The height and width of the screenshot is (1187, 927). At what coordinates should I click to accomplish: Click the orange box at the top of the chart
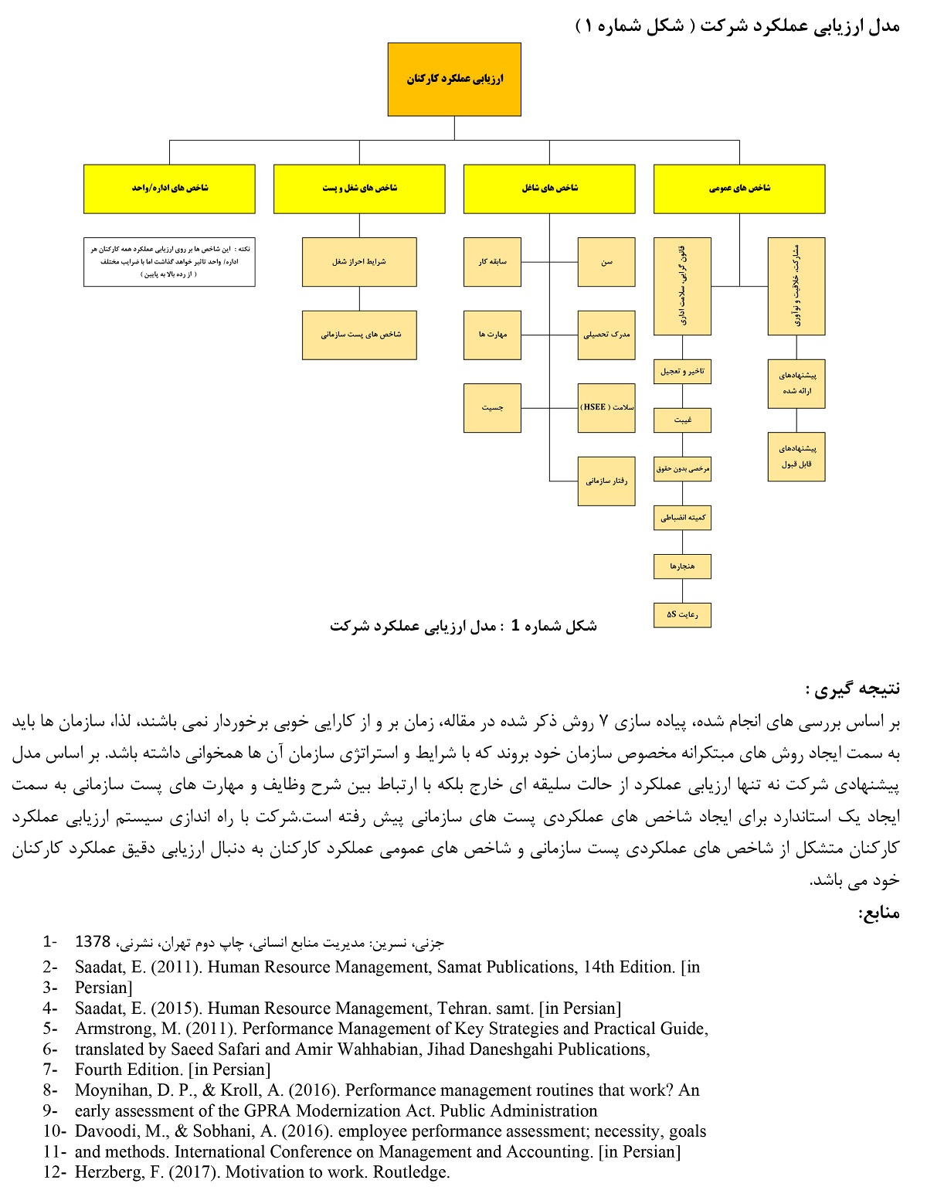454,79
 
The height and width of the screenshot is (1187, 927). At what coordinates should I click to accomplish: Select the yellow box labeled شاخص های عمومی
739,189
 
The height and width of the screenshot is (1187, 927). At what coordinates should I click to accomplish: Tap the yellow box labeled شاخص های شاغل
549,189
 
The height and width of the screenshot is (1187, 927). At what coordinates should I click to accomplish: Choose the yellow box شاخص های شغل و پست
359,189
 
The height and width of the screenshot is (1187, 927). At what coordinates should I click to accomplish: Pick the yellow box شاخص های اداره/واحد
169,189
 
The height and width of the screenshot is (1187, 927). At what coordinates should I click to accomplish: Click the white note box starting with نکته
169,262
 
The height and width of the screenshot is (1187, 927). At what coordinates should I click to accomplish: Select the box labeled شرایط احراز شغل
359,262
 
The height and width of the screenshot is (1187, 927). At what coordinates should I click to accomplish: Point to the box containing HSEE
606,407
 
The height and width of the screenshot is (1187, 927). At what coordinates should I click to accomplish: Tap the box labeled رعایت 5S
682,615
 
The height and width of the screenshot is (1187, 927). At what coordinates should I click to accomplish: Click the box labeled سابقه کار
492,262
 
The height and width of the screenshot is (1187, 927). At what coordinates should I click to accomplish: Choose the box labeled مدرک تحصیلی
606,335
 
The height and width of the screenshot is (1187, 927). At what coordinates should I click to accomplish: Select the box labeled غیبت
682,420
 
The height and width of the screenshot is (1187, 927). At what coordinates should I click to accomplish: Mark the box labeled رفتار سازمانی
606,481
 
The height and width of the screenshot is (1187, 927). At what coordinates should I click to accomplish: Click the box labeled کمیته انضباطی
682,518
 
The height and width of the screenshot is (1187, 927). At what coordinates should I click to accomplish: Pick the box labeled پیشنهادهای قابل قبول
796,457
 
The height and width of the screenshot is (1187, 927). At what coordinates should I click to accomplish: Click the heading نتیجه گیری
853,689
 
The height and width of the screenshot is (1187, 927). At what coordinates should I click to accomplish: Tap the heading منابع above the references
879,913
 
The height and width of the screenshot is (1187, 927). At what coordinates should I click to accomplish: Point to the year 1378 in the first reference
93,942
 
